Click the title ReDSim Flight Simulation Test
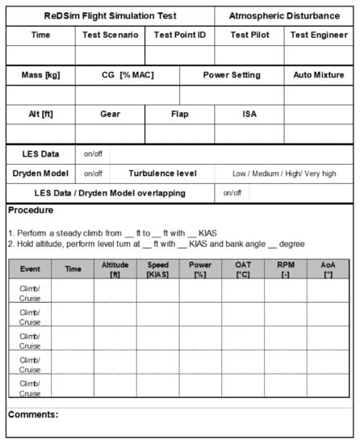click(x=111, y=15)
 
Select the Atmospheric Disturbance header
click(x=285, y=15)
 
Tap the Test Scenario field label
click(x=110, y=35)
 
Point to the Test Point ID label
click(x=180, y=35)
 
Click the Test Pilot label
click(x=249, y=35)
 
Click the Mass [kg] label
click(x=40, y=75)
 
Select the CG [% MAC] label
click(x=125, y=75)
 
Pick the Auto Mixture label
click(x=318, y=75)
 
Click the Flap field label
click(x=180, y=114)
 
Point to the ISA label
click(x=249, y=114)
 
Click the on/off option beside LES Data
click(x=93, y=153)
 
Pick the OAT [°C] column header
click(x=243, y=269)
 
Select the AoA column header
click(x=328, y=269)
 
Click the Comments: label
click(x=33, y=414)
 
